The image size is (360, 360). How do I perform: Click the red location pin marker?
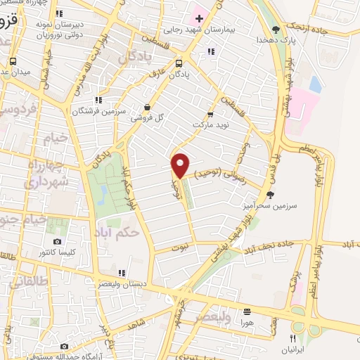181,165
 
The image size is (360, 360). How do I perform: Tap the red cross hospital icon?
198,17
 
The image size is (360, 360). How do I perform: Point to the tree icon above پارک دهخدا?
276,30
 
